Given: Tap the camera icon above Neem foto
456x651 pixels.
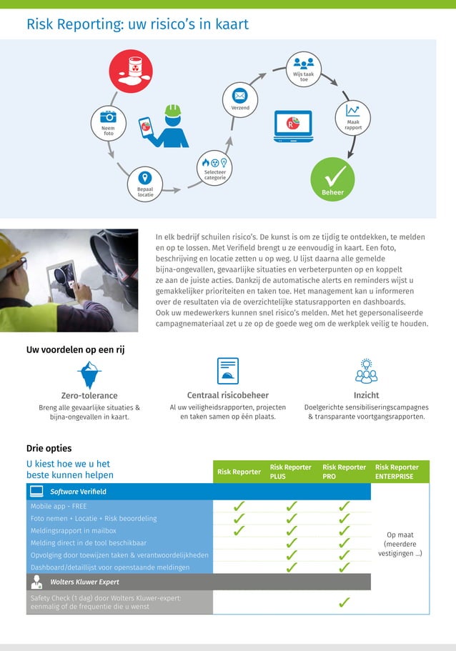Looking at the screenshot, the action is [x=108, y=116].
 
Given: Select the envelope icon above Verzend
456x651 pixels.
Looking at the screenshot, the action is [x=240, y=96].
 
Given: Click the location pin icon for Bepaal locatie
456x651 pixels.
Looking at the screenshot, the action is [x=145, y=179].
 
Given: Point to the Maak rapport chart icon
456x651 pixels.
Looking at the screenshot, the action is [x=352, y=111].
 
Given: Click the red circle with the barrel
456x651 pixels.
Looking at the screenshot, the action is [x=130, y=71].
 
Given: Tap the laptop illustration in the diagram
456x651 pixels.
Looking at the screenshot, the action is [x=293, y=126].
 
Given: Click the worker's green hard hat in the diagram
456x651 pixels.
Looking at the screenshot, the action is [x=172, y=110].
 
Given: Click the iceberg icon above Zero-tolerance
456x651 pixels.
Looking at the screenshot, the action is [x=89, y=372].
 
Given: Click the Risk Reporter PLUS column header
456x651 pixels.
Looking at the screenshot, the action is [x=290, y=472].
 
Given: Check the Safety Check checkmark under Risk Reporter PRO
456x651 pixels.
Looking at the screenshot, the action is [x=344, y=602].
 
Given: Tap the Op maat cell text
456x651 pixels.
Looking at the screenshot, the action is [x=400, y=544].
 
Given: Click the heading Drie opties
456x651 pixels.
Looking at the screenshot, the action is [x=49, y=449].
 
